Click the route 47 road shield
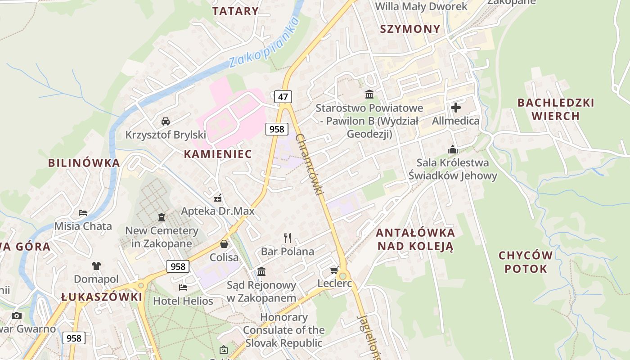tap(283, 96)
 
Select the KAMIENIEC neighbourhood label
tap(218, 154)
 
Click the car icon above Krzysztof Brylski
tap(166, 121)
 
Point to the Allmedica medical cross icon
tap(455, 108)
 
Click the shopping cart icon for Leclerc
tap(334, 270)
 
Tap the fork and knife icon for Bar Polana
tap(288, 238)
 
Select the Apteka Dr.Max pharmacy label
tap(218, 211)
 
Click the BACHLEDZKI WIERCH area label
tap(556, 109)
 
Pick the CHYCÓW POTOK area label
tap(526, 262)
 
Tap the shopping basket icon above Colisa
tap(224, 244)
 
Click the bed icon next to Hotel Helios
tap(183, 287)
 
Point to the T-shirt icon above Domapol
tap(96, 266)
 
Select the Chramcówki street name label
tap(310, 165)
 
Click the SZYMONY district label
tap(410, 29)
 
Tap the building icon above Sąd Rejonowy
tap(261, 271)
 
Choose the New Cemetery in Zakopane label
tap(162, 237)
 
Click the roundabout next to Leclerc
tap(343, 275)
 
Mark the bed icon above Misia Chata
tap(83, 212)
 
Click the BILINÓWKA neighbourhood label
tap(84, 163)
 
